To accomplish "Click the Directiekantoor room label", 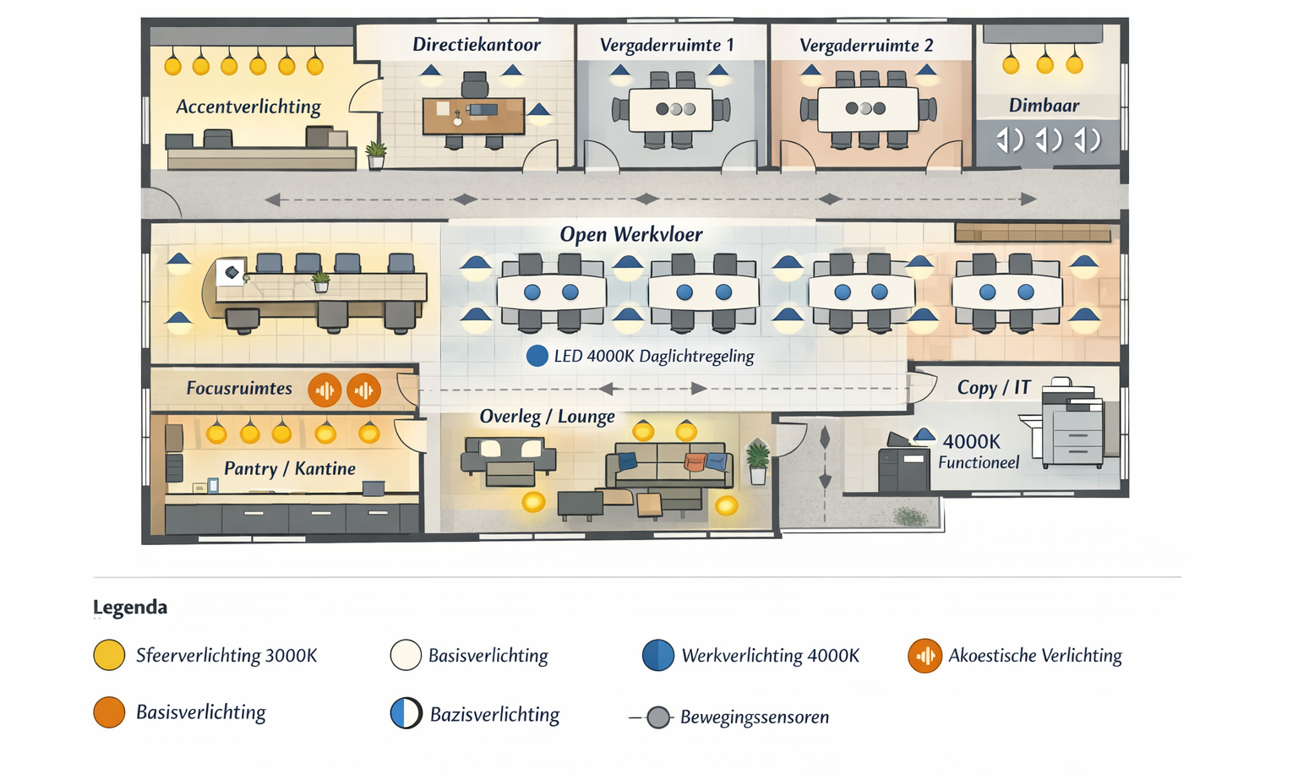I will point(476,45).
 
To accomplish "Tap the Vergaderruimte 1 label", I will point(667,45).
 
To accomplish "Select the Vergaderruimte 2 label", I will point(866,45).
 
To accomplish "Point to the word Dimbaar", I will point(1044,106).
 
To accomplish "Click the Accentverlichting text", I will point(248,106).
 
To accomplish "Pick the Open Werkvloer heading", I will point(630,235).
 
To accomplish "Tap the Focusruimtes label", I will point(239,389).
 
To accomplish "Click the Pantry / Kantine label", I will point(289,469).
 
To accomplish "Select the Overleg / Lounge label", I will point(547,417).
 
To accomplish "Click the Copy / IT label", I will point(993,388).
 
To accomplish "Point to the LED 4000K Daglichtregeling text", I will point(653,357).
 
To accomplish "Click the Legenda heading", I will point(130,608).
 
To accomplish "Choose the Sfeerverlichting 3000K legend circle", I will point(109,656).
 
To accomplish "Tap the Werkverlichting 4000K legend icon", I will point(658,656).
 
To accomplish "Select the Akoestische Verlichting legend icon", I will point(925,656).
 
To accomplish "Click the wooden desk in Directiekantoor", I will point(473,116).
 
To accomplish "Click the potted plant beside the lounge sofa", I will point(758,462).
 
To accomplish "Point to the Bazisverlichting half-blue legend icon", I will point(406,714).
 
